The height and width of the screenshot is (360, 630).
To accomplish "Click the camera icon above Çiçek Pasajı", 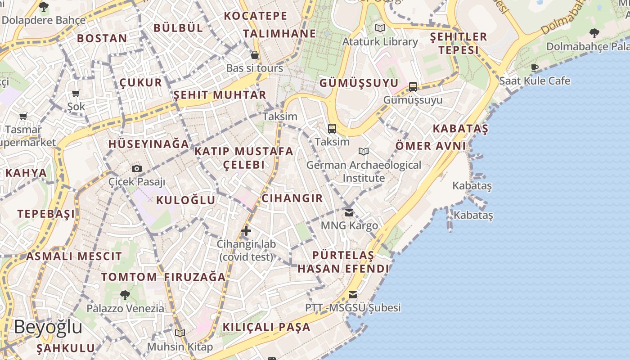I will point(137,169).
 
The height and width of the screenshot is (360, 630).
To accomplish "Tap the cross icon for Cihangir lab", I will point(246,231).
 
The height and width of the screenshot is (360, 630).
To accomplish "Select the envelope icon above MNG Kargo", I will point(349,212).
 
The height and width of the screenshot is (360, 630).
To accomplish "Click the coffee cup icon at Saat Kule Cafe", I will point(535,68).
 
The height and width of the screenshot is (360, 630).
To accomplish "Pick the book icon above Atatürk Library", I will point(380,28).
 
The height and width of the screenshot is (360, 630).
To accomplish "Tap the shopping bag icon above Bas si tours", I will point(255,55).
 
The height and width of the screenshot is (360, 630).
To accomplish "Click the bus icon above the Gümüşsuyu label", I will point(413,87).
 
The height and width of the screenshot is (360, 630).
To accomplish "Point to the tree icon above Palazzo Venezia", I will point(125,295).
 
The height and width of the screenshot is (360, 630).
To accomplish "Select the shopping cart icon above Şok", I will point(76,94).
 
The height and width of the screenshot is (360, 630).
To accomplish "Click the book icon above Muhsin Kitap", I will point(180,333).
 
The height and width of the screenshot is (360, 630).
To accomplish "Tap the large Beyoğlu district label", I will point(48,327).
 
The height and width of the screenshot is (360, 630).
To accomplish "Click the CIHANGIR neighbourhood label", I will point(292,198).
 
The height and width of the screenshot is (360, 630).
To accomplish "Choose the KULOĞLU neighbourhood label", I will point(185,200).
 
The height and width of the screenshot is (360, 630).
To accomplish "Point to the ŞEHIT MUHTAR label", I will point(220,95).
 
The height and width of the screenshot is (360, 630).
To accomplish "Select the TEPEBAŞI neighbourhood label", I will point(46,214).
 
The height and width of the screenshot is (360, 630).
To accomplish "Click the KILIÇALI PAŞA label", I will point(266,327).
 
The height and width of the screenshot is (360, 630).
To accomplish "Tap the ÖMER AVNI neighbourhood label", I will point(431,146).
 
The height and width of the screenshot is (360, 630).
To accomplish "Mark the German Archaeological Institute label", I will point(364,171).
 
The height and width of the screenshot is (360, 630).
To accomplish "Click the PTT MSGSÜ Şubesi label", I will point(353,308).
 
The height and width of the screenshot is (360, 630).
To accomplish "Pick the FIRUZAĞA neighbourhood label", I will point(194,277).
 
